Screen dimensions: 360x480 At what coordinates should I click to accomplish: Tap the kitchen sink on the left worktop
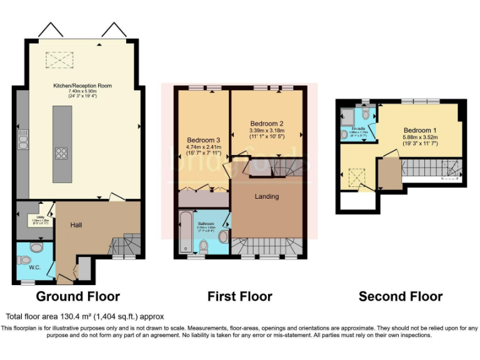coord(22,141)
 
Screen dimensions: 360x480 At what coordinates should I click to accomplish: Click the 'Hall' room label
coord(76,225)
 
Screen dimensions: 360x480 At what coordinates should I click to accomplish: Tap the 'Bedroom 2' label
coord(267,123)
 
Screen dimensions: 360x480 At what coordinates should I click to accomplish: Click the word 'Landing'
coord(266,197)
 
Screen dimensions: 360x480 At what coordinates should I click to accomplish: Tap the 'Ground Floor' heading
coord(77,296)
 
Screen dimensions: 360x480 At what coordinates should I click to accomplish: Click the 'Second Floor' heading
coord(401,297)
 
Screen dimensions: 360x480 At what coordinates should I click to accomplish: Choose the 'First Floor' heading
coord(240,296)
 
